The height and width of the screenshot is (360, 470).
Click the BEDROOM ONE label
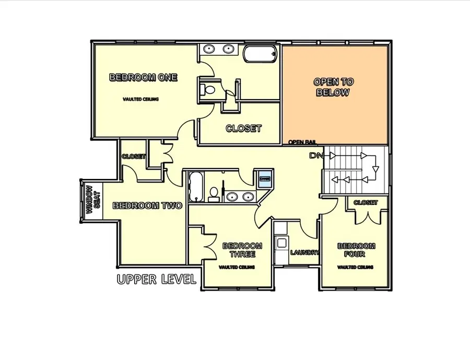143,78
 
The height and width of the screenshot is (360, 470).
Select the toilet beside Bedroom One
209,89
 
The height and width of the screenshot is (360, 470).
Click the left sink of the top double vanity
210,49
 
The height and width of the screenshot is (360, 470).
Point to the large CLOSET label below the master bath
243,128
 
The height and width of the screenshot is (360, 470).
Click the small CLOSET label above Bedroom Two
133,157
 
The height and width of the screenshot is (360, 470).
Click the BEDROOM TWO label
147,206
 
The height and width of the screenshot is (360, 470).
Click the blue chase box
264,178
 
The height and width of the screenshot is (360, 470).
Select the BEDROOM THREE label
242,250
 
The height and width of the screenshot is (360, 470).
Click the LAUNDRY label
305,253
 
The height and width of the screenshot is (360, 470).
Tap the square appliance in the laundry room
282,242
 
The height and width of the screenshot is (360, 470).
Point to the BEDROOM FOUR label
356,250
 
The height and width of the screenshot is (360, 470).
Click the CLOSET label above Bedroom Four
366,202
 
